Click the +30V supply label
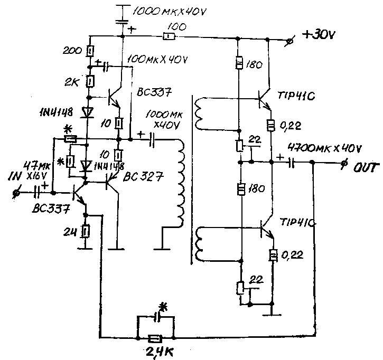[x=319, y=35]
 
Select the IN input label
[x=15, y=176]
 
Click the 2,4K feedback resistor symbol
[x=155, y=339]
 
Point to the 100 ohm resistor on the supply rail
[x=169, y=37]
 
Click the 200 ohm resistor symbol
[x=90, y=51]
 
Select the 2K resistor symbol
[x=90, y=81]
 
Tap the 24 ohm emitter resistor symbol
[x=86, y=232]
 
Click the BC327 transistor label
[x=143, y=177]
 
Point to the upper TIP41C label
[x=296, y=96]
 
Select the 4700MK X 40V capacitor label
[x=324, y=148]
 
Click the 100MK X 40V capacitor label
[x=157, y=60]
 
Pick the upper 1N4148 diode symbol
[x=87, y=112]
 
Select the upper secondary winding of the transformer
[x=199, y=114]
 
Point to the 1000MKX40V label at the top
[x=170, y=11]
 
